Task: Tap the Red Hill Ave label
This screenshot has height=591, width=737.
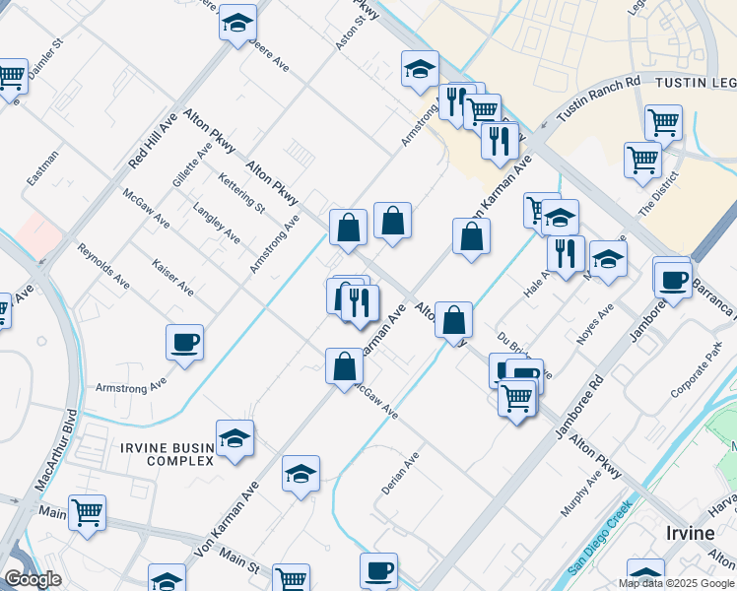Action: tap(153, 138)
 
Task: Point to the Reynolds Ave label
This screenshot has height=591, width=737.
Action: tap(103, 266)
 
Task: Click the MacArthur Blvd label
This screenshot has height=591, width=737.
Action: tap(58, 452)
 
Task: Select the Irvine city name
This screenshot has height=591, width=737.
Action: tap(690, 533)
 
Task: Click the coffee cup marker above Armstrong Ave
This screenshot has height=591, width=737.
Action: tap(184, 342)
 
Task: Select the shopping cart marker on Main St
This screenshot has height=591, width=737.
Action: tap(87, 511)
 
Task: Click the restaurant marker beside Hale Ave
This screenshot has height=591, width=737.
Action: tap(566, 253)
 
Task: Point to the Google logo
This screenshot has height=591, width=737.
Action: tap(33, 579)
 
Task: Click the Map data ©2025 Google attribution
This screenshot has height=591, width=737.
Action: tap(676, 583)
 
